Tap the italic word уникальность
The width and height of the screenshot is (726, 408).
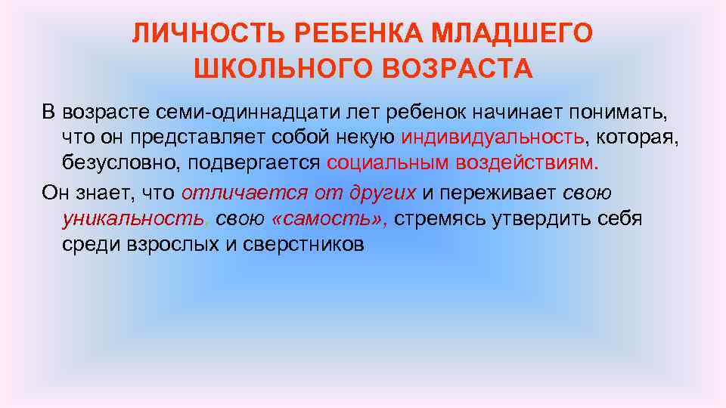click(x=133, y=219)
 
